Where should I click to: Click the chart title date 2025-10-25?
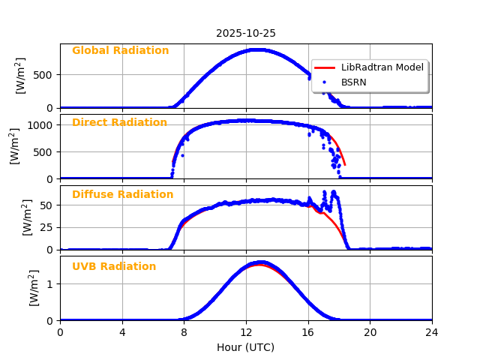point(246,34)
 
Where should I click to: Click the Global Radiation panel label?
point(120,51)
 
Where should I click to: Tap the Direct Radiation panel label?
point(119,123)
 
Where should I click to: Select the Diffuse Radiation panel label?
point(122,195)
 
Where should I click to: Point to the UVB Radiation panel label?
point(114,267)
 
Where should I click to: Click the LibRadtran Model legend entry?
point(382,67)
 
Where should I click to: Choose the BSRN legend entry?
point(354,82)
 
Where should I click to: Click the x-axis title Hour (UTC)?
point(245,347)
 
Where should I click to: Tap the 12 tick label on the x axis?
point(246,332)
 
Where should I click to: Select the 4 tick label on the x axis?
point(122,332)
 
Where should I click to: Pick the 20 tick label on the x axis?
point(370,332)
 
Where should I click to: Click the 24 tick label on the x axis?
point(432,332)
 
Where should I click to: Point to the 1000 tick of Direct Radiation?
point(41,125)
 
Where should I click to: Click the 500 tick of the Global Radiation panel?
point(44,75)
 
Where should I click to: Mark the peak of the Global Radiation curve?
point(257,49)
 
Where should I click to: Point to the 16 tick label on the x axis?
point(307,332)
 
